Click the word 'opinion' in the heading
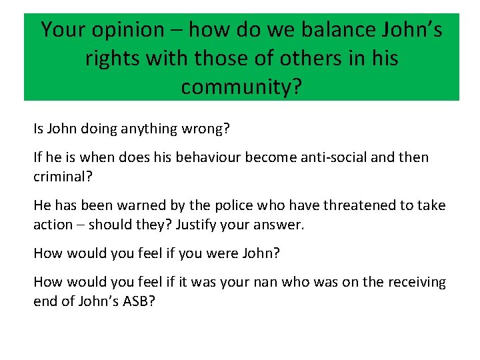click(x=131, y=31)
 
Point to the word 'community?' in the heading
click(x=241, y=87)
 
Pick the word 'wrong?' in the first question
click(x=207, y=129)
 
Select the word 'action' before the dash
click(x=52, y=225)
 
